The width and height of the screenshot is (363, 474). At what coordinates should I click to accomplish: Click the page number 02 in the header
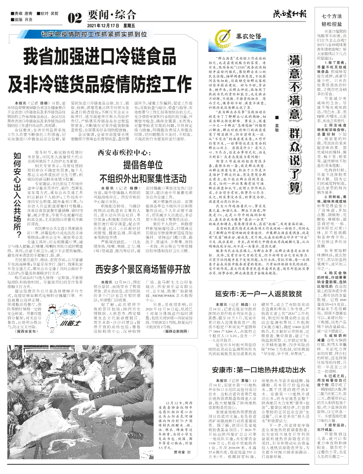click(x=75, y=19)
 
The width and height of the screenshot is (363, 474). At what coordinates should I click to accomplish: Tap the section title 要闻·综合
click(x=106, y=15)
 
